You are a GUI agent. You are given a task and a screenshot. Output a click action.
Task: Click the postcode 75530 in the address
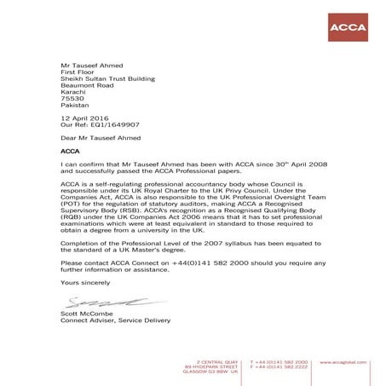[72, 98]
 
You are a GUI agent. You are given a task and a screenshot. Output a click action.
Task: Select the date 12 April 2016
[86, 118]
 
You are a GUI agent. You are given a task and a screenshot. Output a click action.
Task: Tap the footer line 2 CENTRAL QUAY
[215, 362]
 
